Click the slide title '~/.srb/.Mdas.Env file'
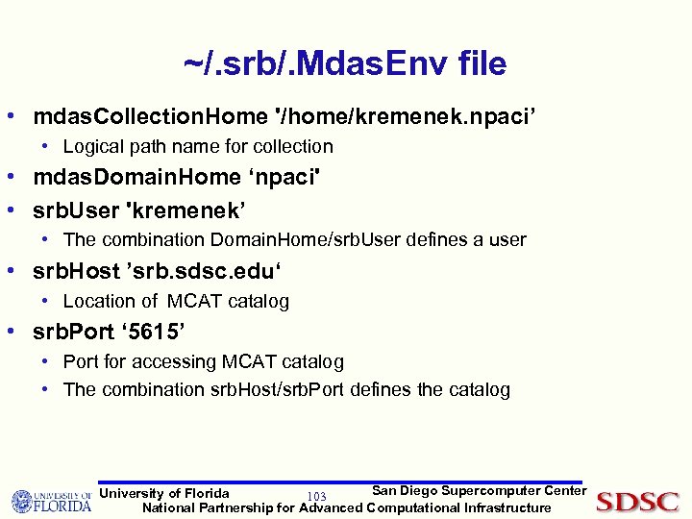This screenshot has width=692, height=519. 345,63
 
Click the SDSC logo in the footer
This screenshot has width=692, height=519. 636,501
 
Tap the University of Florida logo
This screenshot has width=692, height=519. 51,501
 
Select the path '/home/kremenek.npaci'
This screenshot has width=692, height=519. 405,117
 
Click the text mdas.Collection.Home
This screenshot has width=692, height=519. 151,117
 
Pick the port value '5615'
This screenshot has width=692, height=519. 158,333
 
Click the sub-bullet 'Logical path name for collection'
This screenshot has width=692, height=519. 198,147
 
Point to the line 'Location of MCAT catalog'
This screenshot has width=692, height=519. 176,302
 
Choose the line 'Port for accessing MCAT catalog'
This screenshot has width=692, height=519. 203,362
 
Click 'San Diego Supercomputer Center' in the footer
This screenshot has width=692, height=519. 479,491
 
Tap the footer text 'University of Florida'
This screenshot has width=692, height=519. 164,494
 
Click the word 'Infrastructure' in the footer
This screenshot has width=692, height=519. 507,507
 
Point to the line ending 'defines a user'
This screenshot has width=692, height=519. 294,239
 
